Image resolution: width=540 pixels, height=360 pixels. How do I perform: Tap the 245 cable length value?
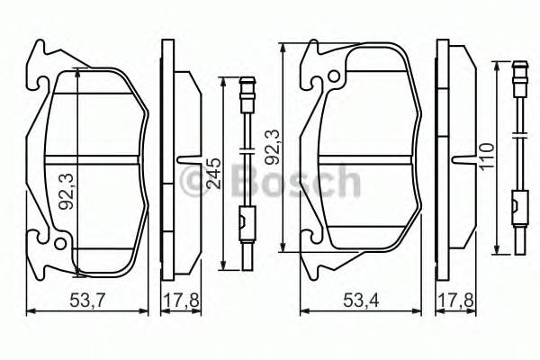click(x=213, y=170)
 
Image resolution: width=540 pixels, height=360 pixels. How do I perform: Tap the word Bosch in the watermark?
click(x=296, y=183)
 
